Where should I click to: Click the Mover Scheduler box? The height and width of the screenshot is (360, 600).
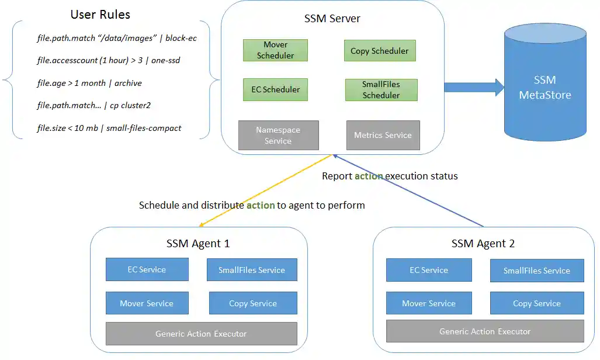pyautogui.click(x=275, y=50)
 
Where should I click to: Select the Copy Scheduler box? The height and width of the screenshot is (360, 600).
pyautogui.click(x=379, y=51)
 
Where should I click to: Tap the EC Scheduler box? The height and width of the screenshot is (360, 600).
pyautogui.click(x=275, y=89)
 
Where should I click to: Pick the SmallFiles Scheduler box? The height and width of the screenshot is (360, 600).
pyautogui.click(x=381, y=89)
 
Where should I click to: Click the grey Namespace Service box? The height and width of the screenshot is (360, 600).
pyautogui.click(x=278, y=135)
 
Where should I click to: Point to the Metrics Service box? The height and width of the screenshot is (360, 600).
pyautogui.click(x=383, y=135)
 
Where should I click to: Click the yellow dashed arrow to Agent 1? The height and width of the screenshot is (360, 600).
pyautogui.click(x=266, y=190)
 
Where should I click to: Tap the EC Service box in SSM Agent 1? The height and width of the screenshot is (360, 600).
pyautogui.click(x=147, y=269)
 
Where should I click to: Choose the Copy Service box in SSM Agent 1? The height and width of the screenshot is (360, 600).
pyautogui.click(x=253, y=303)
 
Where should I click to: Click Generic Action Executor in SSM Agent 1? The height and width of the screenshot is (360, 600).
pyautogui.click(x=201, y=334)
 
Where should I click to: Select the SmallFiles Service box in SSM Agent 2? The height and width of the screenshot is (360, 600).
pyautogui.click(x=536, y=271)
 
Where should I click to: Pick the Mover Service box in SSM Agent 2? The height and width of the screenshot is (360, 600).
pyautogui.click(x=429, y=303)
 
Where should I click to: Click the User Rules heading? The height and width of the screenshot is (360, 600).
pyautogui.click(x=100, y=15)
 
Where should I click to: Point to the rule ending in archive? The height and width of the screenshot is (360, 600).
pyautogui.click(x=89, y=83)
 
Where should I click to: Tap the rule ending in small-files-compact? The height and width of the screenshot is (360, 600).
pyautogui.click(x=109, y=128)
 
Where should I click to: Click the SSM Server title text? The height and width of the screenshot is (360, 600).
pyautogui.click(x=332, y=18)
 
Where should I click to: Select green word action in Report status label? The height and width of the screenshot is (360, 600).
pyautogui.click(x=369, y=176)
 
